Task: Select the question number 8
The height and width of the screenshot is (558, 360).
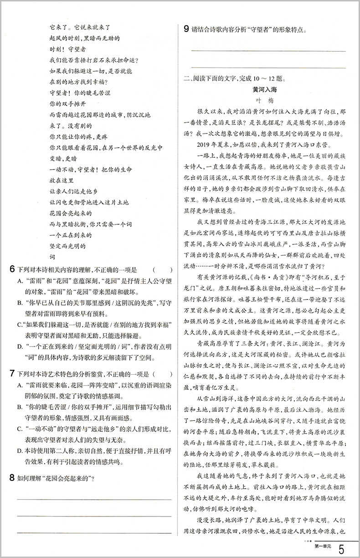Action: (x=12, y=478)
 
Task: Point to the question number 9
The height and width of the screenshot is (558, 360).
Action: (x=186, y=30)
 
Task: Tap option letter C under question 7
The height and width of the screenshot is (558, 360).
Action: (x=20, y=429)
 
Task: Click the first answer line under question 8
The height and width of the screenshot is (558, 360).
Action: (x=94, y=499)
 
